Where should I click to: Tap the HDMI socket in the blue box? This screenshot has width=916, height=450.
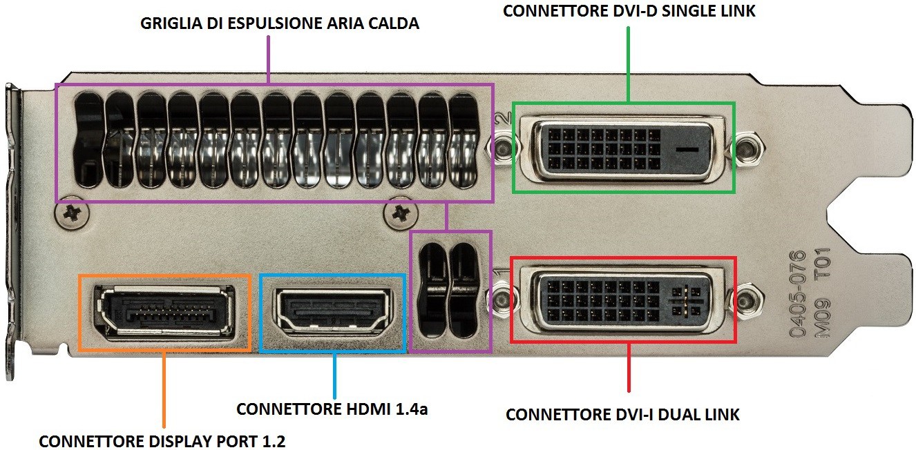coord(333,312)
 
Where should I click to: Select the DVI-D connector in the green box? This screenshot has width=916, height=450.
coord(624,148)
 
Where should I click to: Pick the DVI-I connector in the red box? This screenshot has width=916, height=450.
coord(624,300)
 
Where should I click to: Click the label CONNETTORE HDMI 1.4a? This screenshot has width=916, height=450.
coord(332,409)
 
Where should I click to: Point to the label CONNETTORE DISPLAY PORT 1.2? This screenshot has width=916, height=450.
coord(162,441)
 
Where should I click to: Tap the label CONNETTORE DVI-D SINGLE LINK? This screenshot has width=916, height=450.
coord(629,11)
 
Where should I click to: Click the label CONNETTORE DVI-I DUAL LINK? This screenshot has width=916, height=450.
coord(622,414)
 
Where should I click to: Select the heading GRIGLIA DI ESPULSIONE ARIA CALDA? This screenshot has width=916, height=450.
coord(280,23)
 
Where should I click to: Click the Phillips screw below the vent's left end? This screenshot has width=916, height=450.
coord(72,213)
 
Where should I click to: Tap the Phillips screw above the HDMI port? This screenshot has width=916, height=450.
coord(401,214)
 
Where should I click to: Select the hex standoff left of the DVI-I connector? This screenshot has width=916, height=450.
coord(502,301)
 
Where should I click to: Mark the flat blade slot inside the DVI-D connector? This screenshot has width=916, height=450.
coord(687,149)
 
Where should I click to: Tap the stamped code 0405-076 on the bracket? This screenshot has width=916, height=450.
coord(797,294)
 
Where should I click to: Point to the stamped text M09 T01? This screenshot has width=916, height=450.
coord(823,292)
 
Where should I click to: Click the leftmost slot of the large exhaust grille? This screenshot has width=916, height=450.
coord(88,140)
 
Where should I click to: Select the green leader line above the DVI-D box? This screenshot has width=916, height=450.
coord(628,64)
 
